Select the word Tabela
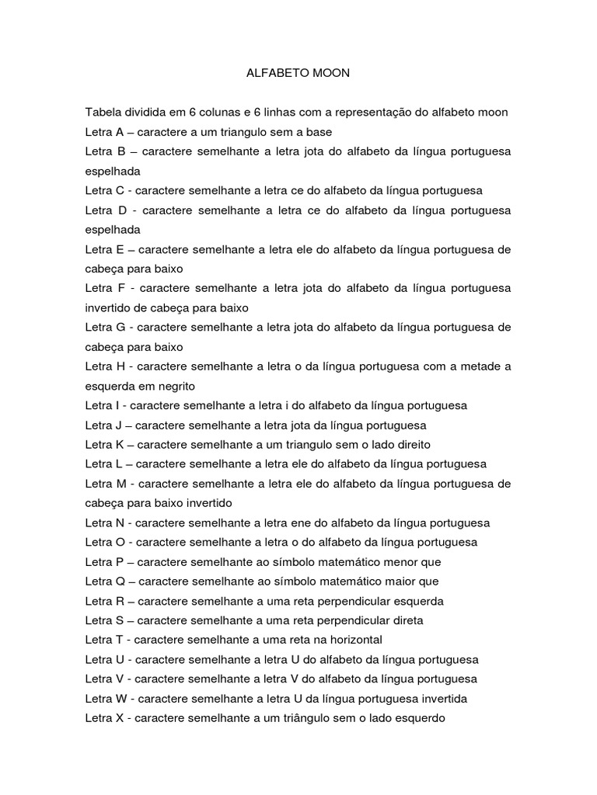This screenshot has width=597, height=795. coord(104,113)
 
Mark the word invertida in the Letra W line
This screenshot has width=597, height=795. coord(442,699)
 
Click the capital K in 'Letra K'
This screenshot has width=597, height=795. coord(120,445)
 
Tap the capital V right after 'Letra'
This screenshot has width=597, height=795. coord(120,679)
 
